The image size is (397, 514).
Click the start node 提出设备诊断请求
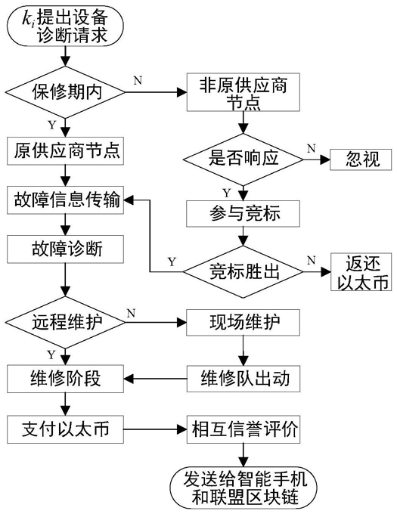click(66, 26)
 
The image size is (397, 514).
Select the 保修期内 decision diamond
click(66, 92)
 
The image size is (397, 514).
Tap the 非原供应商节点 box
click(243, 92)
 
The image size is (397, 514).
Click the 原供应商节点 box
click(66, 150)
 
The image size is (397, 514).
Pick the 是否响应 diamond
click(243, 159)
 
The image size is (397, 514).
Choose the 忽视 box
click(361, 159)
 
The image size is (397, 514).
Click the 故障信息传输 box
click(66, 200)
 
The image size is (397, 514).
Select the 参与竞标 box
click(243, 213)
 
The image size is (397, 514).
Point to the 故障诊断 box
click(66, 249)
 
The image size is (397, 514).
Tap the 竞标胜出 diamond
click(243, 272)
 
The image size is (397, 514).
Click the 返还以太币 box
click(361, 272)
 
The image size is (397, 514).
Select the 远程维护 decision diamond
click(66, 322)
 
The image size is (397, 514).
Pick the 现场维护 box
click(243, 322)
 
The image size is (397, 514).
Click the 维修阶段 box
click(66, 379)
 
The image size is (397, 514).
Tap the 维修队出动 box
click(243, 379)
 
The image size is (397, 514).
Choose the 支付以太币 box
click(66, 429)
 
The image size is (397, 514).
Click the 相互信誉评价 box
click(243, 429)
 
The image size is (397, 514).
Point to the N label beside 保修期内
click(138, 80)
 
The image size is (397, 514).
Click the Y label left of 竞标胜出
click(172, 262)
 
